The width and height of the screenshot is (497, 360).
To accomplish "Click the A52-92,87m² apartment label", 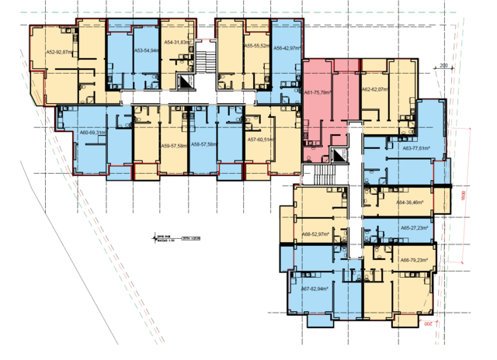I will pyautogui.click(x=59, y=52).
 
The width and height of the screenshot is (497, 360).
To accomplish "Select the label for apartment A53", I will pyautogui.click(x=147, y=50).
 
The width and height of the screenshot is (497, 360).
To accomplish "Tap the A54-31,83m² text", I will pyautogui.click(x=176, y=43).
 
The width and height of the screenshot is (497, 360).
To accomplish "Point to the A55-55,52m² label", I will pyautogui.click(x=257, y=47).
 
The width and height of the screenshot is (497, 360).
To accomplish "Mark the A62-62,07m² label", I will pyautogui.click(x=374, y=91).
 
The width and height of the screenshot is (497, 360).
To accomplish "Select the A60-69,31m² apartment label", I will pyautogui.click(x=92, y=133).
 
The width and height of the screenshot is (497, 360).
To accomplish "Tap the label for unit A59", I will pyautogui.click(x=172, y=145).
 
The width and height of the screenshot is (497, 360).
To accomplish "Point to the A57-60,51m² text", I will pyautogui.click(x=262, y=140).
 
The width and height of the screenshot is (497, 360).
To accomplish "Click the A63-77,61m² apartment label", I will pyautogui.click(x=416, y=147).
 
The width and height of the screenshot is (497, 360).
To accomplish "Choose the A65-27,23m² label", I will pyautogui.click(x=415, y=229).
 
